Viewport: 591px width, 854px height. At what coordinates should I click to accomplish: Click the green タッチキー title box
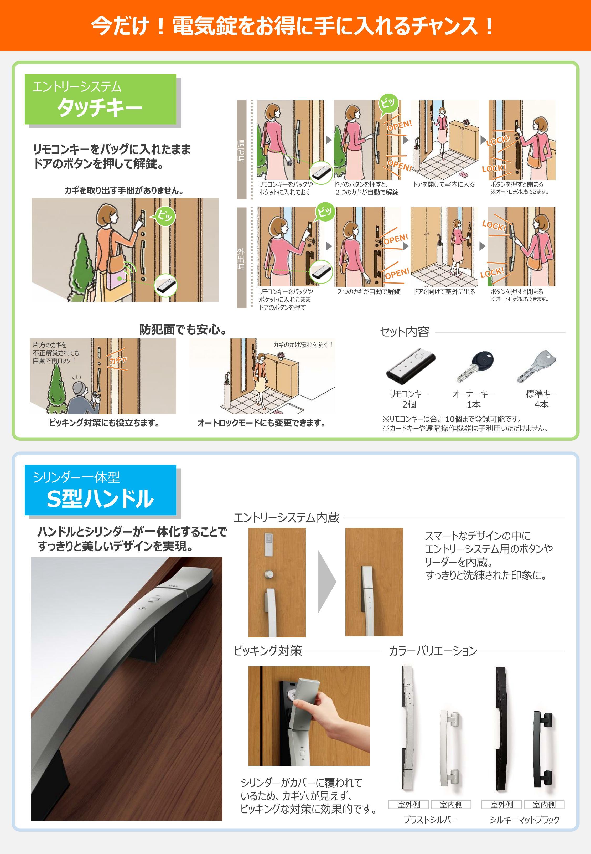(x=100, y=99)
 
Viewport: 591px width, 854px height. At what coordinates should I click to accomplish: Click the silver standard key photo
(x=537, y=367)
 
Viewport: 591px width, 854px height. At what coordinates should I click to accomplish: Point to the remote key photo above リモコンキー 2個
(x=410, y=366)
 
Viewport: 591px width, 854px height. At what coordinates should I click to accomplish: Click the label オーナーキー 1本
(x=473, y=399)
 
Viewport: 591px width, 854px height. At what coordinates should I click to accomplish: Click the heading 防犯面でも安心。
(x=183, y=329)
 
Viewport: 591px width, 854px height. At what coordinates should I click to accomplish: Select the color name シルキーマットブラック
(x=524, y=820)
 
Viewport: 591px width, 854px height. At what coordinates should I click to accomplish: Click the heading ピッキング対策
(x=267, y=651)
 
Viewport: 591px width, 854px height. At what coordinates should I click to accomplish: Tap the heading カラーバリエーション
(x=433, y=651)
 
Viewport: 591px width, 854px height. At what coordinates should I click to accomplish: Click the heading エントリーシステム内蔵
(x=286, y=517)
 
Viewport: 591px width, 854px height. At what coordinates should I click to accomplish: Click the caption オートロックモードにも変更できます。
(x=261, y=423)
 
